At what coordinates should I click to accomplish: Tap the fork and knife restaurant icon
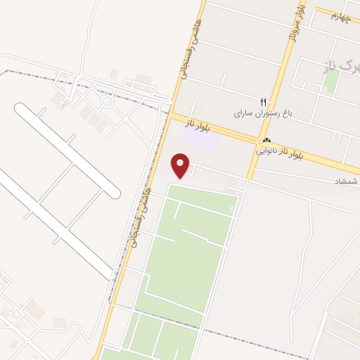point(263,102)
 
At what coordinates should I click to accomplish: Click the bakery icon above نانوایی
point(266,141)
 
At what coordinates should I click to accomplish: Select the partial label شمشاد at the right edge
point(347,182)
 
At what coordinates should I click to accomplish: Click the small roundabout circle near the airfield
point(107,103)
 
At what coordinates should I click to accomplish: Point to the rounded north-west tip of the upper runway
point(21,109)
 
